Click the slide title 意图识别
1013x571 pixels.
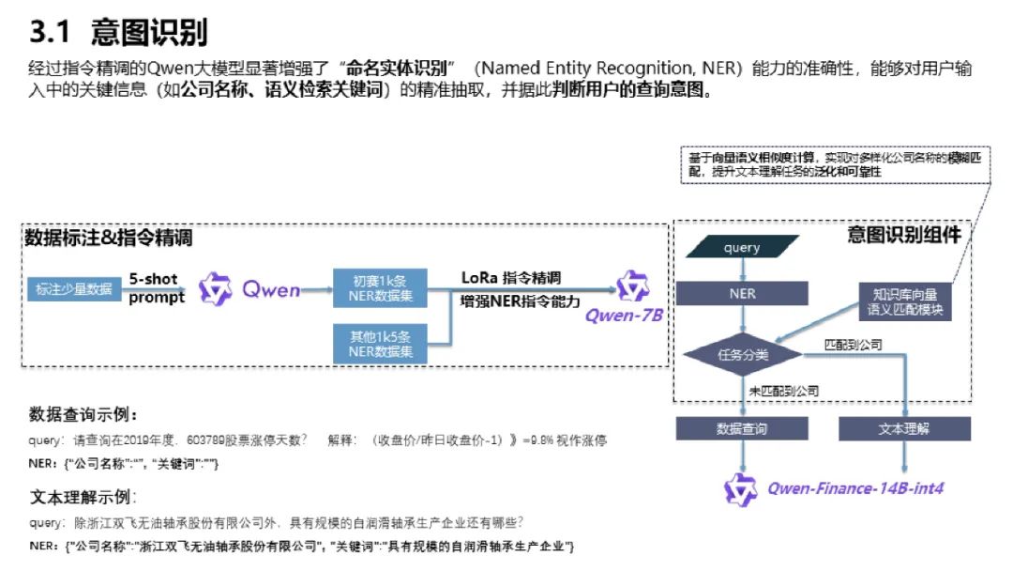(149, 33)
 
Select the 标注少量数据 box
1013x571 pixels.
(72, 289)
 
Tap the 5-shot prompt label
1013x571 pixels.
(157, 288)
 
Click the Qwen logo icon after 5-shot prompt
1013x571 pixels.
(217, 289)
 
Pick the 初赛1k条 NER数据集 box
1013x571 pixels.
(380, 289)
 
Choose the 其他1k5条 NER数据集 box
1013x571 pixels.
(380, 343)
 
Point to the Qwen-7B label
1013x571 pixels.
(624, 316)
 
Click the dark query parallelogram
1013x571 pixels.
(742, 248)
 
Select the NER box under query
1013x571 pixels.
(742, 293)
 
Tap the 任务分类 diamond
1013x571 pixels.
(742, 355)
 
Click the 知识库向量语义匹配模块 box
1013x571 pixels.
(905, 301)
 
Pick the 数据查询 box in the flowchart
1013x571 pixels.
(742, 428)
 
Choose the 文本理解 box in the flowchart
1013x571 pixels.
(904, 428)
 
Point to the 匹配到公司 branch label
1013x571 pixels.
(853, 345)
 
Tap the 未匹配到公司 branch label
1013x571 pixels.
(783, 391)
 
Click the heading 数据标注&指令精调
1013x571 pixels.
(108, 239)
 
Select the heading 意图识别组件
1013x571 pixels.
(903, 235)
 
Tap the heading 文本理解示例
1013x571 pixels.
(83, 497)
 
